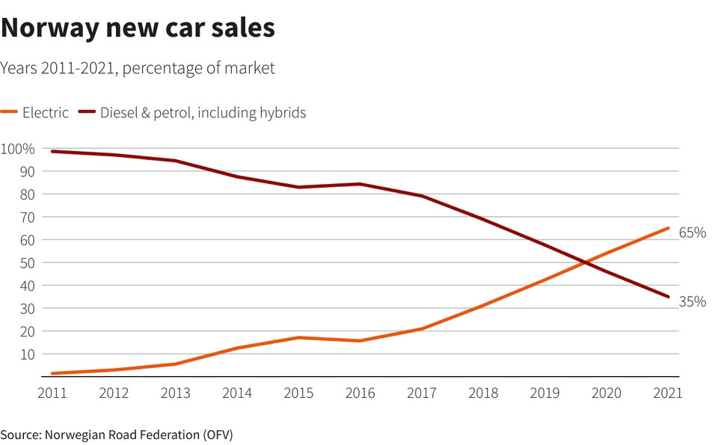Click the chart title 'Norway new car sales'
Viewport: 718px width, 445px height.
pos(138,28)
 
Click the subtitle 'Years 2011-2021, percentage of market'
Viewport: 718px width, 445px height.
pos(138,68)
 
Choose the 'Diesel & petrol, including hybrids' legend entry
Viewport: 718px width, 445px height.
pos(193,113)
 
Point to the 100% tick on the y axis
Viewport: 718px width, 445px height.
pos(18,149)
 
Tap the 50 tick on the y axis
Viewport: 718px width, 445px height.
pos(28,263)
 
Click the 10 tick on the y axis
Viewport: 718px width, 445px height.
pos(28,355)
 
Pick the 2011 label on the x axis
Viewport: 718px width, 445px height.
pos(52,393)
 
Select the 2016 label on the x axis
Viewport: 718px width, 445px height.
pos(360,393)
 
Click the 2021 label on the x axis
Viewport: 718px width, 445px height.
pos(668,393)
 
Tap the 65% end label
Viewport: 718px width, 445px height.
pos(693,233)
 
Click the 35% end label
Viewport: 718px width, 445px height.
pos(693,301)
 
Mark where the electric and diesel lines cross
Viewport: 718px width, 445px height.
pos(583,262)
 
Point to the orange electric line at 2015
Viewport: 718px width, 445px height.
pos(298,337)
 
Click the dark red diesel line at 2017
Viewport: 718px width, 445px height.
pos(422,196)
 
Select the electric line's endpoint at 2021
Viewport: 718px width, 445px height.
pos(668,228)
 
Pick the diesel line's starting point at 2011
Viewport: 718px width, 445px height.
pos(52,151)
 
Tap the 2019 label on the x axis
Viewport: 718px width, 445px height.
pos(544,393)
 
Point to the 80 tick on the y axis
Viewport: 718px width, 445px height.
pos(28,194)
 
